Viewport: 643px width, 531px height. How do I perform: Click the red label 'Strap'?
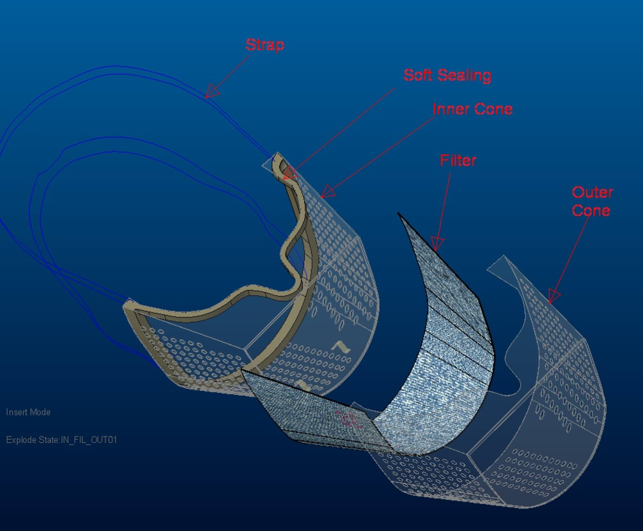(264, 45)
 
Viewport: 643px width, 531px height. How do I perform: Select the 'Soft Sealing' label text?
(447, 75)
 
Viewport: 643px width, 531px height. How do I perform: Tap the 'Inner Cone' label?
(472, 109)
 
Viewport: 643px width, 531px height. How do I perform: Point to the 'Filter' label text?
(458, 160)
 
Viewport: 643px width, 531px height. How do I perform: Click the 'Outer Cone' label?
(592, 201)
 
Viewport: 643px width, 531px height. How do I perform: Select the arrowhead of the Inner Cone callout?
(327, 192)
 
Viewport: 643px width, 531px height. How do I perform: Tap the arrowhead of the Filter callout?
(437, 243)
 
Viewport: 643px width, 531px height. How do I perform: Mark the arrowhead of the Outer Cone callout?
(553, 296)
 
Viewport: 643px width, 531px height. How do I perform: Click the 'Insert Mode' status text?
(28, 412)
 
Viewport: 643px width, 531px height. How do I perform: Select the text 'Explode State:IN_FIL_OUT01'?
(61, 440)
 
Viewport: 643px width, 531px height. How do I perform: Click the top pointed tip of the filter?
(400, 215)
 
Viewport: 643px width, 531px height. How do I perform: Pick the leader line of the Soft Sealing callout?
(347, 125)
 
